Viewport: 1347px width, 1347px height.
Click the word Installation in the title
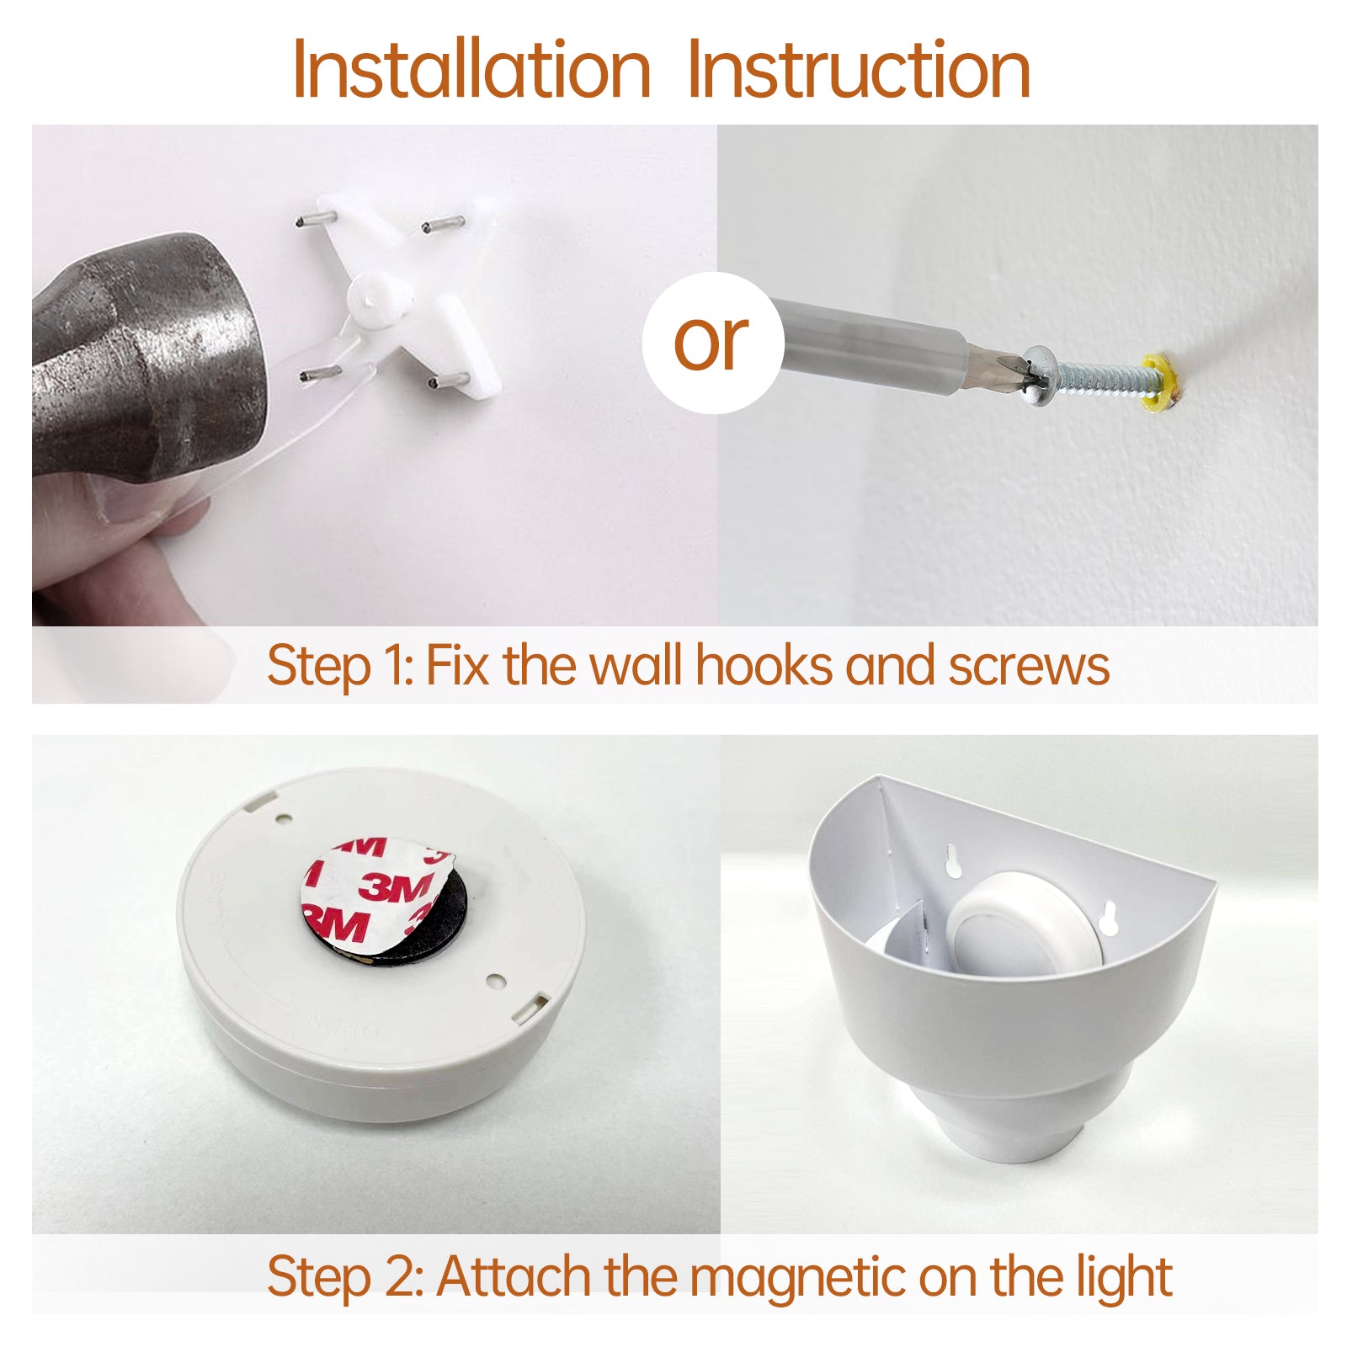(x=471, y=70)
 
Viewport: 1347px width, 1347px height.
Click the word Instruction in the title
(x=859, y=70)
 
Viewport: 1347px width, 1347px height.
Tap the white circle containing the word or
(x=713, y=342)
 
